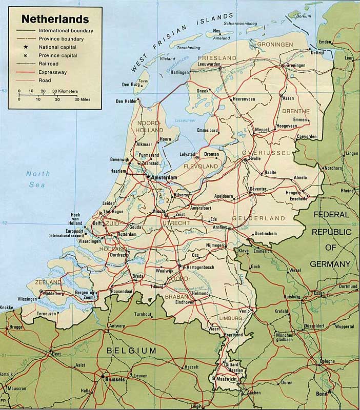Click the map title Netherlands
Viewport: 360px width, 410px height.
pos(54,20)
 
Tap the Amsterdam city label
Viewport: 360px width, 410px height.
pos(164,177)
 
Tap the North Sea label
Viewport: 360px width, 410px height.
pos(38,178)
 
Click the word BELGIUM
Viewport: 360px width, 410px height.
pos(131,350)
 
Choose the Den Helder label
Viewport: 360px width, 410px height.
pos(127,101)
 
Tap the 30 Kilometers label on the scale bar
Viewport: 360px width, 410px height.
pos(64,91)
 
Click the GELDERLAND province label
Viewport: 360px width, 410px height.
pos(266,218)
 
